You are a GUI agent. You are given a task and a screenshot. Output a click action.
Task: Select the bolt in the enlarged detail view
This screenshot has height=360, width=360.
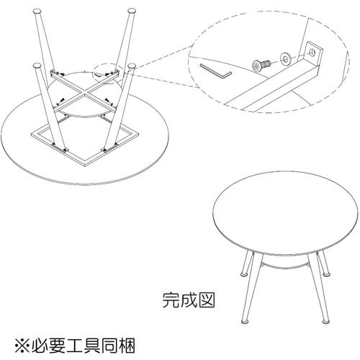point(260,65)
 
